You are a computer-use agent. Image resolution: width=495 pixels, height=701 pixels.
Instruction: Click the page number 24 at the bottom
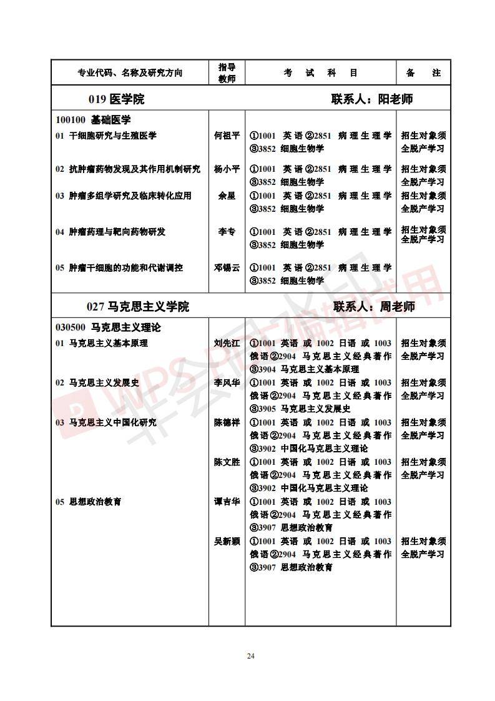(251, 655)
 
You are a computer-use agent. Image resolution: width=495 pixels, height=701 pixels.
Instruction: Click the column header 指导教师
(227, 72)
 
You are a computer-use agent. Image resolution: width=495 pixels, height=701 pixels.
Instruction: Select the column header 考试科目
(321, 72)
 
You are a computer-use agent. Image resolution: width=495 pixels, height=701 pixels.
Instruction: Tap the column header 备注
(423, 72)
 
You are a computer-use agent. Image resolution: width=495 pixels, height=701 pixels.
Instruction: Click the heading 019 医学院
(116, 99)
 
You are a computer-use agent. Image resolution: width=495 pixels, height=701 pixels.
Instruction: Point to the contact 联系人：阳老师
(372, 99)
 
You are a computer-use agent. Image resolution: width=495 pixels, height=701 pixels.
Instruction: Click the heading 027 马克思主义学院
(137, 307)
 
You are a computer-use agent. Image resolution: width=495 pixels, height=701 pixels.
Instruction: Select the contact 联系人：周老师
(374, 307)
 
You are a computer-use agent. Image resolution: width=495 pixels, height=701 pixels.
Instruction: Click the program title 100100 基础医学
(93, 120)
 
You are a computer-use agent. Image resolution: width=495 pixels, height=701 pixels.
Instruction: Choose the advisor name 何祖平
(227, 135)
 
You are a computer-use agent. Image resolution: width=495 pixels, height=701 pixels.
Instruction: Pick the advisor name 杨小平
(227, 169)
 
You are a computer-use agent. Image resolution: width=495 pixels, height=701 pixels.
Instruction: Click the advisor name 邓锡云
(227, 267)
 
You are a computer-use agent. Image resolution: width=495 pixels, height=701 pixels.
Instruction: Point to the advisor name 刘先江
(227, 343)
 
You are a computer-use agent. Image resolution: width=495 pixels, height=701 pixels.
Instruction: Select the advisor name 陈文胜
(227, 462)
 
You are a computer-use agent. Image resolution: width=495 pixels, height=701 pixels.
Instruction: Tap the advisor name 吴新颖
(227, 541)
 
